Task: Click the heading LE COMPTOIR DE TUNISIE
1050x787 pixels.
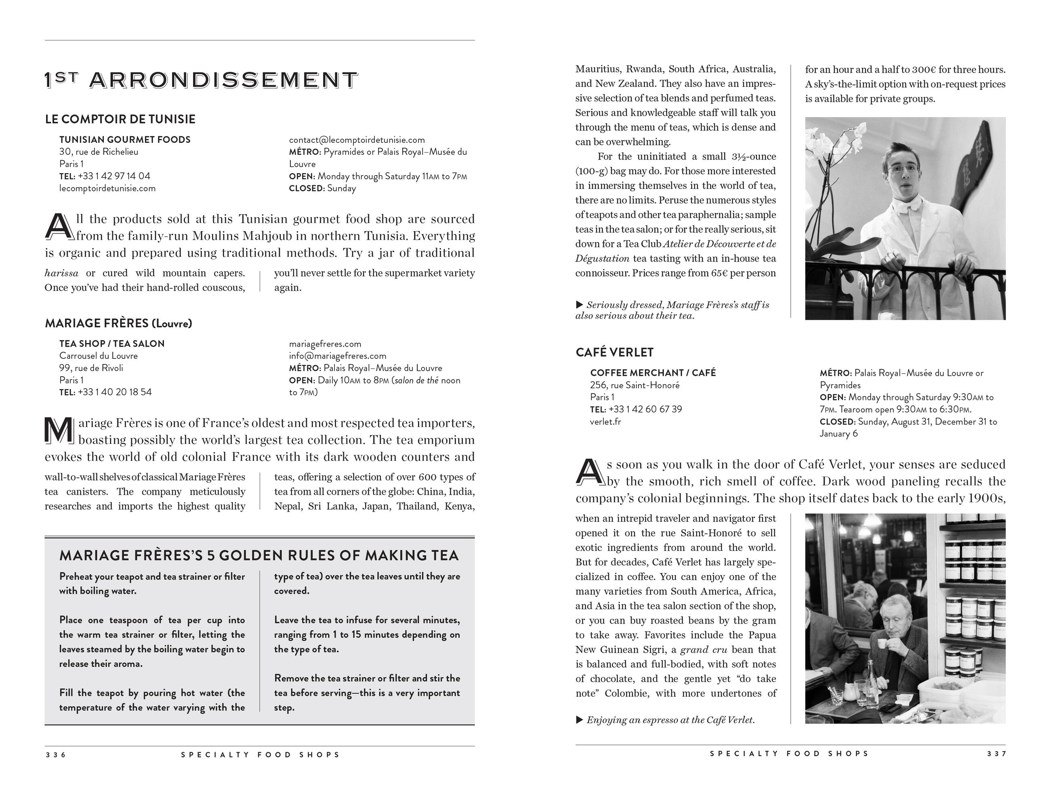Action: click(120, 119)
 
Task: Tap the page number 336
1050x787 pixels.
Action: click(56, 755)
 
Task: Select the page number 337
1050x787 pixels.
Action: click(996, 754)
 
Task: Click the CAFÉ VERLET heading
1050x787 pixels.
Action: click(614, 352)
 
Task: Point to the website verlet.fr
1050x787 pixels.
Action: click(605, 422)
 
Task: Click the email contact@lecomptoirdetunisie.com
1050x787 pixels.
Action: click(357, 140)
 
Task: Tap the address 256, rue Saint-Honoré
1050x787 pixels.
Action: click(635, 385)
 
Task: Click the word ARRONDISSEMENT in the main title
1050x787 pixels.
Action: click(223, 80)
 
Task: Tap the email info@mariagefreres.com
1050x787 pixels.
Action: click(338, 356)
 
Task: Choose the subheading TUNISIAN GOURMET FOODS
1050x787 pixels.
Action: click(125, 140)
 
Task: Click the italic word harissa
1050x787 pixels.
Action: click(61, 273)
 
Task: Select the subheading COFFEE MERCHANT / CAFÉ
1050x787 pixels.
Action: click(653, 373)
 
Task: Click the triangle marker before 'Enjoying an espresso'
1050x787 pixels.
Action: click(579, 720)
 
